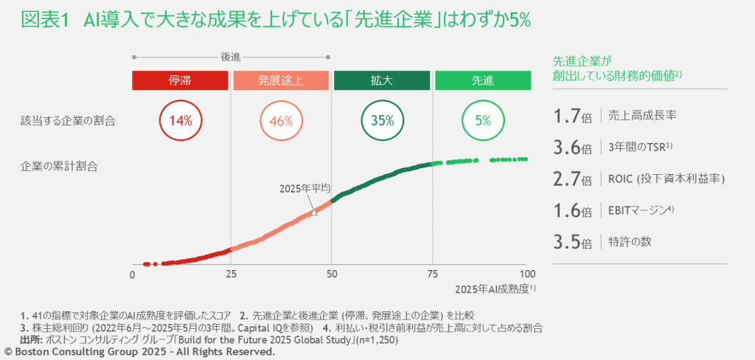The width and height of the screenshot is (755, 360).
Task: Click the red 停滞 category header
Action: tap(180, 80)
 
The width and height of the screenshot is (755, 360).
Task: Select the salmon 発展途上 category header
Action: tap(281, 80)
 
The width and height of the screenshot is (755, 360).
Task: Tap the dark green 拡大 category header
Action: tap(381, 80)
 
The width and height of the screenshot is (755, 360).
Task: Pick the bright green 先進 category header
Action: tap(482, 80)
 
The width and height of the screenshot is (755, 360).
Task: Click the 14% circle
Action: tap(181, 120)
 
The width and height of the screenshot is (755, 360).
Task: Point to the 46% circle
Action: tap(281, 120)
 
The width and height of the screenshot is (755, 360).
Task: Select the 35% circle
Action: tap(382, 120)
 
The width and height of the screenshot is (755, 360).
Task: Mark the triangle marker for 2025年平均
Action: tap(314, 212)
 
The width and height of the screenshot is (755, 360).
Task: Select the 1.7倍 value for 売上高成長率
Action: tap(572, 116)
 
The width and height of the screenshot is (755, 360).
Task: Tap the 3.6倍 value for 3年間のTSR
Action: tap(572, 148)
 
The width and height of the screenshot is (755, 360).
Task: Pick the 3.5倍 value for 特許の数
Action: tap(572, 242)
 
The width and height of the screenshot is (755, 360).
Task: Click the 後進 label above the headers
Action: tap(231, 56)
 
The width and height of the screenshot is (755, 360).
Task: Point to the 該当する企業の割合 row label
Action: tap(68, 120)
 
